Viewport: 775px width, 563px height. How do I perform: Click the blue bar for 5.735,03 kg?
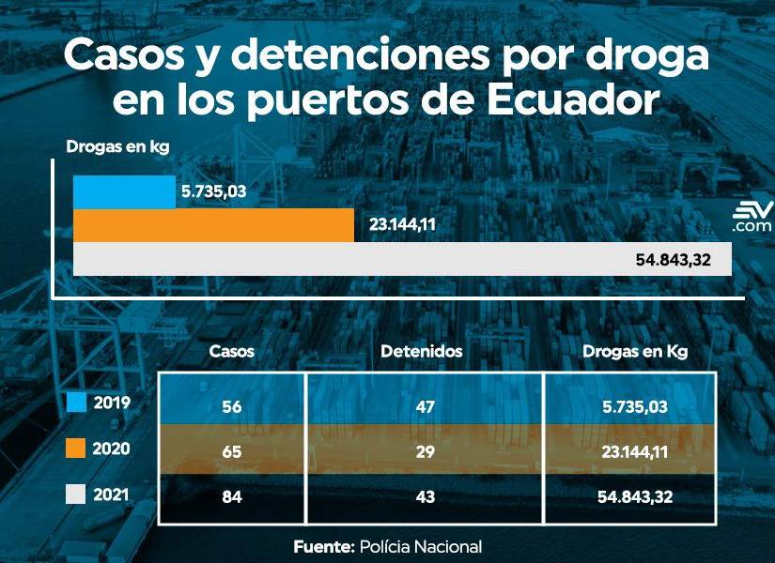(124, 192)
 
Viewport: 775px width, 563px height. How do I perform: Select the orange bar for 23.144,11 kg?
(213, 225)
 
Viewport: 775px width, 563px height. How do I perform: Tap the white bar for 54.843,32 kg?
(389, 259)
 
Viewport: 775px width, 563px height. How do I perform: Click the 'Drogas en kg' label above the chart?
(109, 146)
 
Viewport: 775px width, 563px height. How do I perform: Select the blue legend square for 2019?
(77, 403)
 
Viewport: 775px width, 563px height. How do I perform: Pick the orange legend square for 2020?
(77, 449)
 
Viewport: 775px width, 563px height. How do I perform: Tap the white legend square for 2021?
(77, 495)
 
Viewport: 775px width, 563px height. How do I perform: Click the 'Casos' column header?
(232, 352)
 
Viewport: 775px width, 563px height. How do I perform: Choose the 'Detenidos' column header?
(422, 352)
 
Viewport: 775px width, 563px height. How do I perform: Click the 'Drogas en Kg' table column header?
(635, 352)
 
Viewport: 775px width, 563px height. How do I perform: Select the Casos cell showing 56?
(232, 405)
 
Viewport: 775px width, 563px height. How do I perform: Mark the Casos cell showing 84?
(232, 497)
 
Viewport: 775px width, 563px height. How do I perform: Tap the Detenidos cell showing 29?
(426, 452)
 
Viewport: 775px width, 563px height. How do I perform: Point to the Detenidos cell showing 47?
(426, 405)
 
